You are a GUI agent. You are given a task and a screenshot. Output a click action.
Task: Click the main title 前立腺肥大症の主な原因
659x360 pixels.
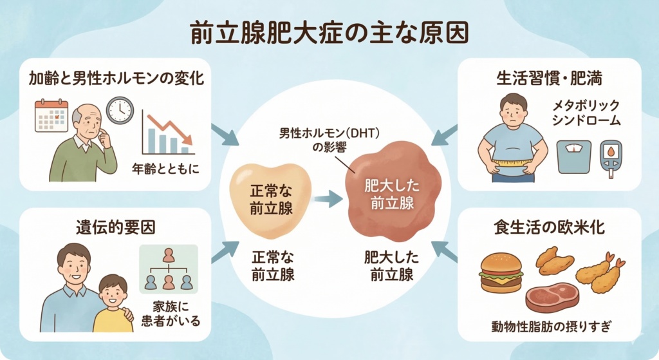tap(329, 33)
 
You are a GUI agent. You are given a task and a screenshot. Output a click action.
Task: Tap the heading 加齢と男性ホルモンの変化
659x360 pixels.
tap(116, 79)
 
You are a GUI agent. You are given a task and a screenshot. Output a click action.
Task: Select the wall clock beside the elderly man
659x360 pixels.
tap(119, 109)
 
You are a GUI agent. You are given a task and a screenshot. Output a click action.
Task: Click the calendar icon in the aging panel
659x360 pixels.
tap(51, 116)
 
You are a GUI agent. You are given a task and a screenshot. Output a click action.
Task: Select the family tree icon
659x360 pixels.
tap(169, 269)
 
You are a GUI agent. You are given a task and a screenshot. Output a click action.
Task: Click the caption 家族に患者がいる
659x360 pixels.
tap(169, 312)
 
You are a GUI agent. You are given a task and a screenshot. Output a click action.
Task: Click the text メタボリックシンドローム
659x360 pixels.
tap(583, 112)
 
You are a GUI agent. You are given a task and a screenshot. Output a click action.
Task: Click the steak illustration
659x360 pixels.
tap(553, 297)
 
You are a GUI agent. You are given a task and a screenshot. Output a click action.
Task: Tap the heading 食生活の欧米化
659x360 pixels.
tap(549, 227)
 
